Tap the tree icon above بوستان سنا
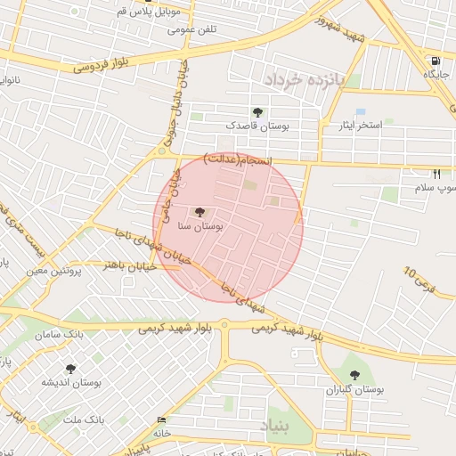[x=199, y=213]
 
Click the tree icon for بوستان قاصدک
[x=257, y=112]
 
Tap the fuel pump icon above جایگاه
[x=434, y=61]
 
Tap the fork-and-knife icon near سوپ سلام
[x=436, y=174]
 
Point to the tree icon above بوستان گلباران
[x=354, y=376]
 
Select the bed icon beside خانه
[x=161, y=420]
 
